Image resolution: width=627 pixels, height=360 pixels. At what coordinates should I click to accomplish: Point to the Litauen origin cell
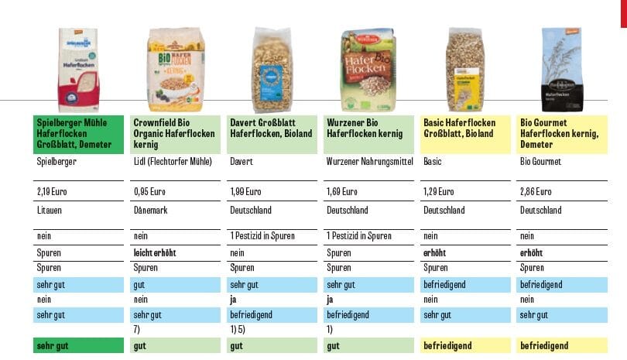pos(49,211)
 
